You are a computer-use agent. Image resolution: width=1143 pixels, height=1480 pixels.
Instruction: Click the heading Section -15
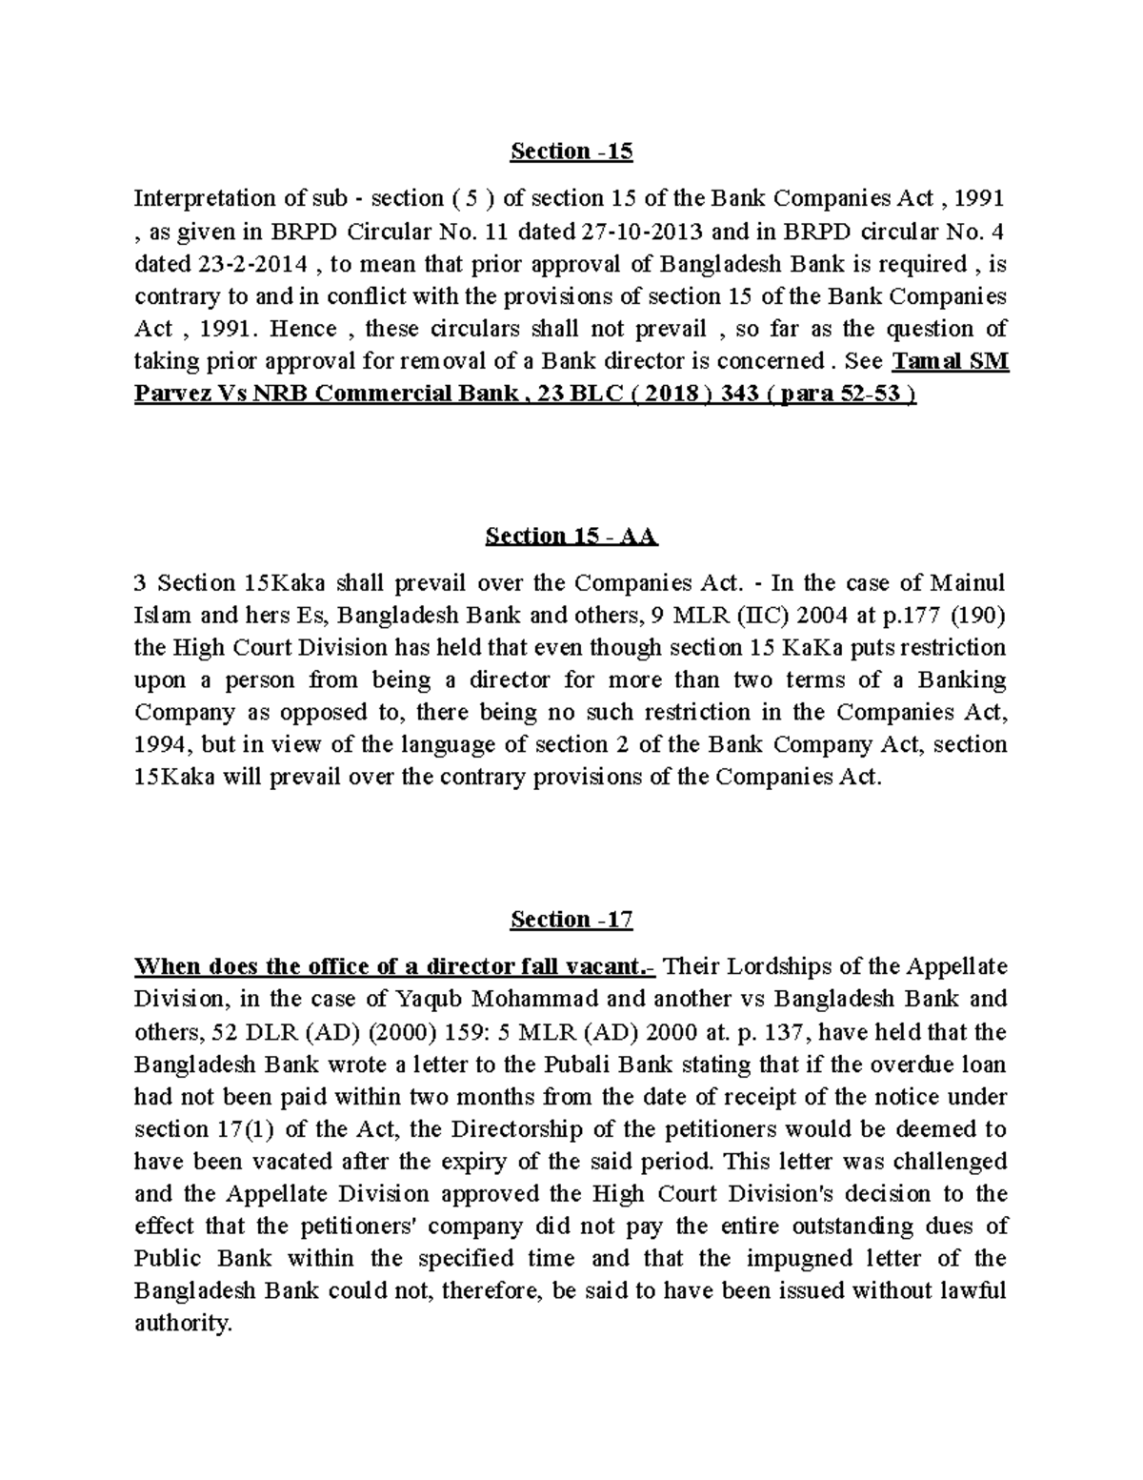tap(571, 152)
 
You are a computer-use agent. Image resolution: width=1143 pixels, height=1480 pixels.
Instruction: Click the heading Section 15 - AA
tap(571, 537)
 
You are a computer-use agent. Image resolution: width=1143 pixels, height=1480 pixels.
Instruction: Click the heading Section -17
tap(571, 920)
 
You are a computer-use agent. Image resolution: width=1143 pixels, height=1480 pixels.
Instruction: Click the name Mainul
tap(966, 583)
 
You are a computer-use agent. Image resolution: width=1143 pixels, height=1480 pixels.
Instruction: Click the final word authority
tap(183, 1325)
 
